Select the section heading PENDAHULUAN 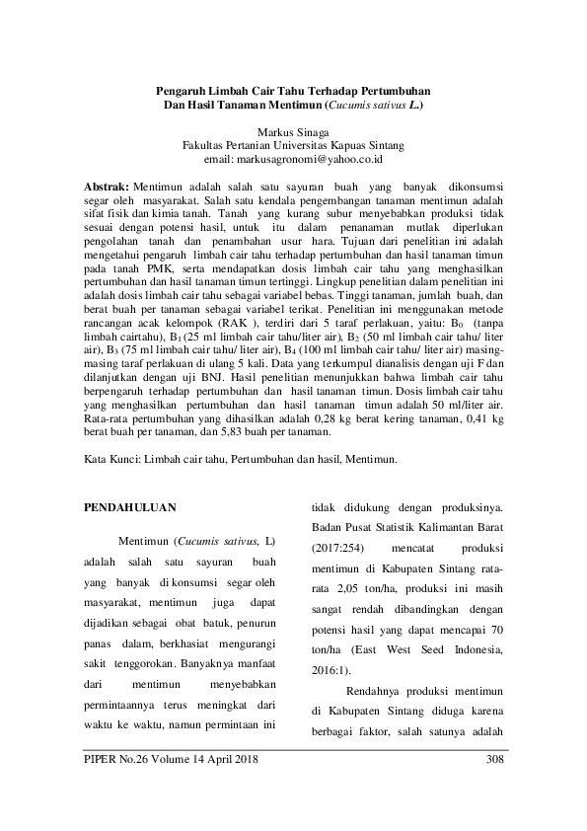tap(128, 507)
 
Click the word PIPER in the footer tap(103, 759)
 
